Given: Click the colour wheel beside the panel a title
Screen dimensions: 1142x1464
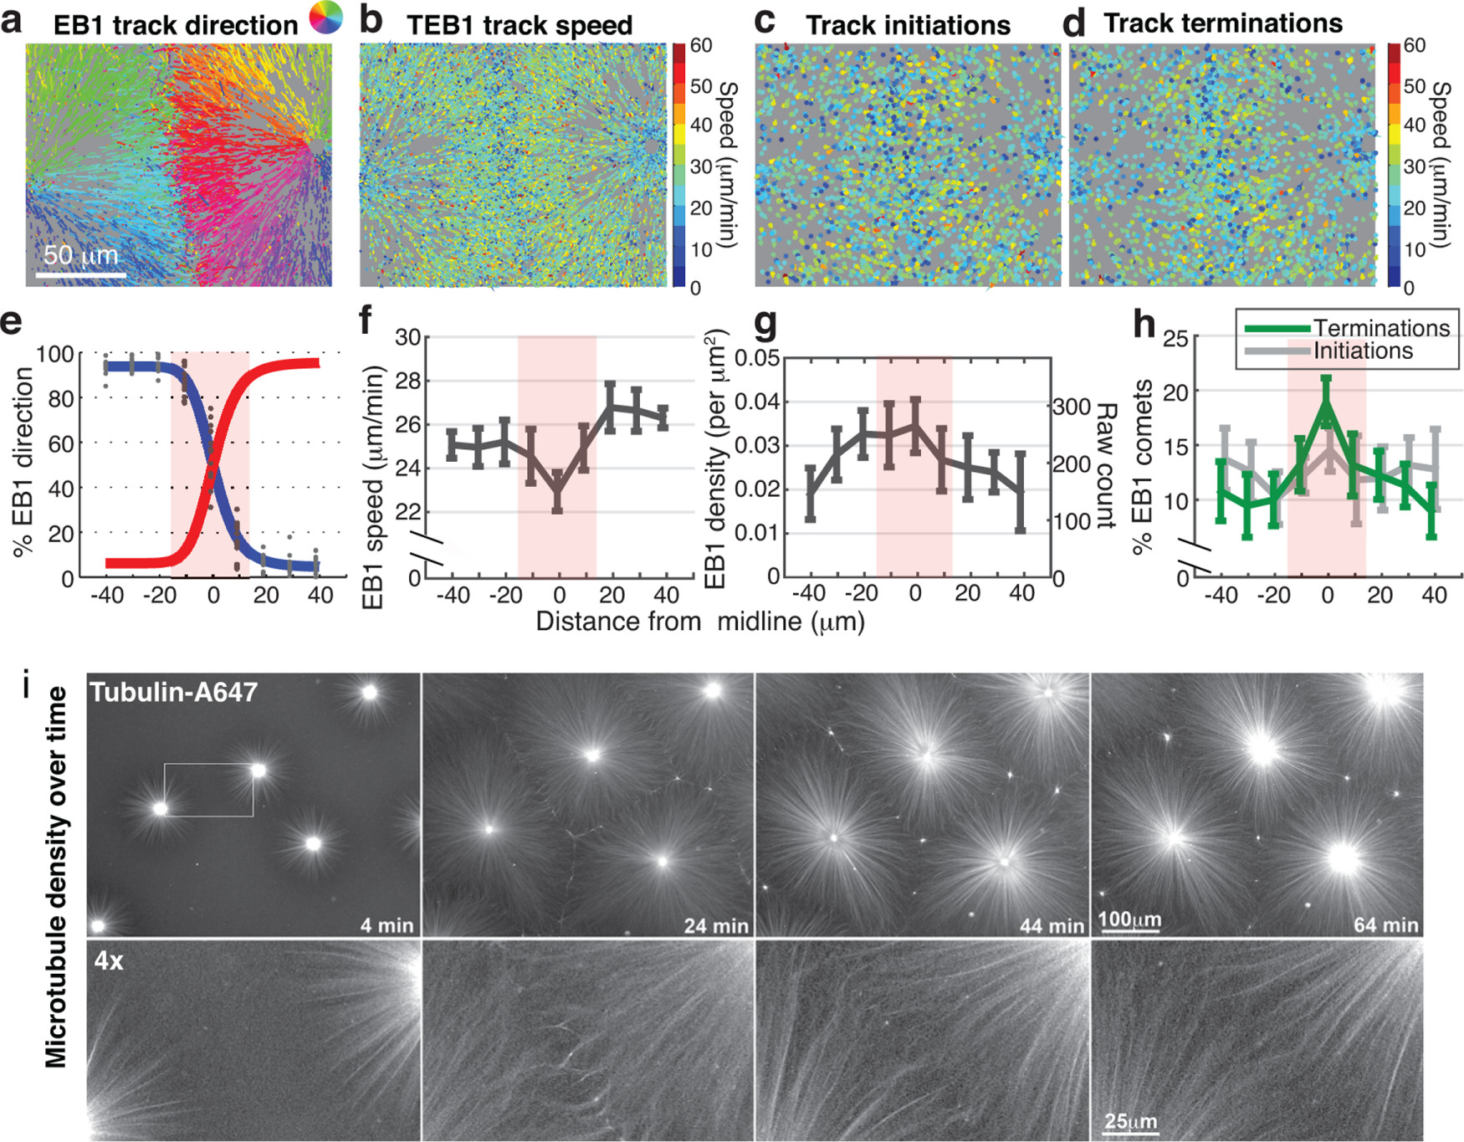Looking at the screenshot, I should (x=325, y=17).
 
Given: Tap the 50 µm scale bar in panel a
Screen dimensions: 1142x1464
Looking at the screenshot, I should (x=81, y=274).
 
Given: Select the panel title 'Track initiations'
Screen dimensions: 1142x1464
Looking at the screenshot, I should (x=908, y=26).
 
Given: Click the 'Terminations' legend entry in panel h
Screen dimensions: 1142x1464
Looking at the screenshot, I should (x=1380, y=328).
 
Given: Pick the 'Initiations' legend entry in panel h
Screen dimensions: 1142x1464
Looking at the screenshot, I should (x=1362, y=351).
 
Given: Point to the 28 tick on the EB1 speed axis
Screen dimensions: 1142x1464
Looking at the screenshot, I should (x=407, y=381).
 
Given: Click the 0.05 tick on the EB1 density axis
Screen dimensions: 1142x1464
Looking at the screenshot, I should (x=757, y=358).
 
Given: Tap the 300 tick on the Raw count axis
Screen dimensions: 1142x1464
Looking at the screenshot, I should (x=1072, y=407).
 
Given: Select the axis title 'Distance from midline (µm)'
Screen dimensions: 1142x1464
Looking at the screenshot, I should (x=700, y=622).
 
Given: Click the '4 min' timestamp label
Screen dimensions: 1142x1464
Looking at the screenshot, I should (x=386, y=925).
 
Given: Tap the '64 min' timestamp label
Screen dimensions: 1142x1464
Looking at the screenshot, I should (x=1385, y=925).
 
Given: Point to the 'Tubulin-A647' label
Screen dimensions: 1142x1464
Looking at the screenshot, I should (x=174, y=693).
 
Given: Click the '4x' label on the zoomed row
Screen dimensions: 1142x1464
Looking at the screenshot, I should (x=109, y=960).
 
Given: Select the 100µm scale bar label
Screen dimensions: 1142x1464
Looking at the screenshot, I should (x=1129, y=919).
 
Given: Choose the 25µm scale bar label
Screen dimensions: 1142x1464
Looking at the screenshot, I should (x=1130, y=1121).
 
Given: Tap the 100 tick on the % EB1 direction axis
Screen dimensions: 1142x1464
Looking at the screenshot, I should (x=55, y=354).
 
